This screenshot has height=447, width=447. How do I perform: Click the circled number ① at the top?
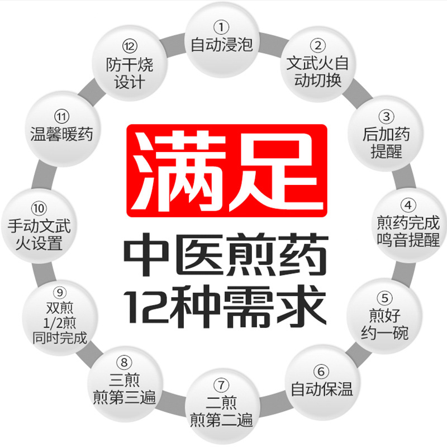[x=222, y=27]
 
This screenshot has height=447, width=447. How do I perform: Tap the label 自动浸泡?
[x=222, y=45]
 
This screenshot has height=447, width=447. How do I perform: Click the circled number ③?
[x=386, y=117]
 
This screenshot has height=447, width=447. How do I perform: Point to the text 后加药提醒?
[x=386, y=143]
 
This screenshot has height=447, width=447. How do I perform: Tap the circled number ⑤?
[x=385, y=298]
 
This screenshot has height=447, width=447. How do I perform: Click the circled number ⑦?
[x=221, y=385]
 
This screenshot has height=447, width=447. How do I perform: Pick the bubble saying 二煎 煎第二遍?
[x=221, y=410]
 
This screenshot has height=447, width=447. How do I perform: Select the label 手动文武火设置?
[x=39, y=235]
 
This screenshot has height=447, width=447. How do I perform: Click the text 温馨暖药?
[x=61, y=134]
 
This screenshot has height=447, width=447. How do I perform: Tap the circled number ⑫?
[x=129, y=46]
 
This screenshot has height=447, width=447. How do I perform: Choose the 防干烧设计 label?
[x=129, y=73]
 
